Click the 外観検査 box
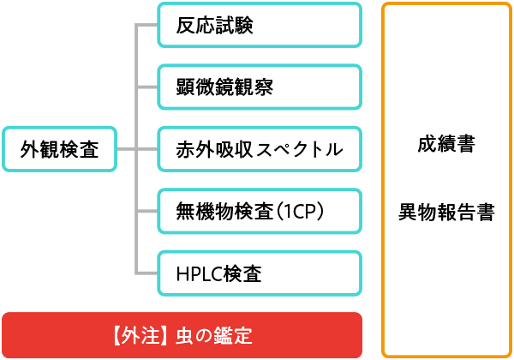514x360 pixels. [59, 150]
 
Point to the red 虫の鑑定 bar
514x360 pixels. [182, 333]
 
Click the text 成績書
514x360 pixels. [446, 144]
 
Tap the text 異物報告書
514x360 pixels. [446, 212]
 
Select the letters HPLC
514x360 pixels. [198, 274]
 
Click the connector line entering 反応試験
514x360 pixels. [147, 26]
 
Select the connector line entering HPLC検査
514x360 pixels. [147, 274]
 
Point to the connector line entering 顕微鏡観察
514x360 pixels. [147, 87]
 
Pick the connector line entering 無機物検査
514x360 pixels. [147, 212]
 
